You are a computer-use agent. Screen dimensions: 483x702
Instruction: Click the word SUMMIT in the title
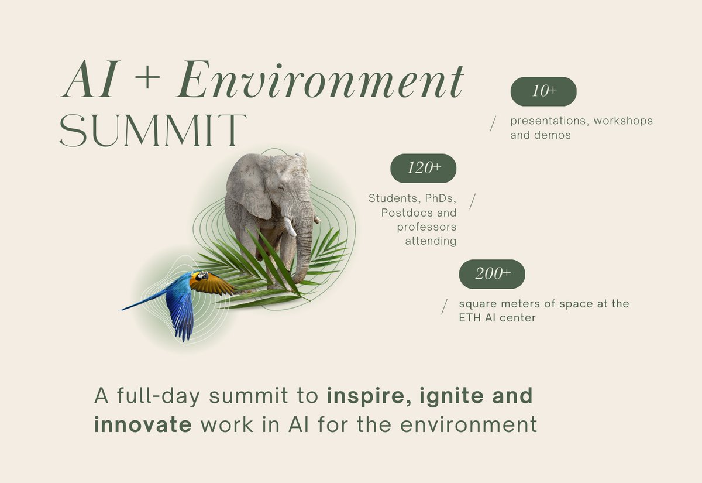153,130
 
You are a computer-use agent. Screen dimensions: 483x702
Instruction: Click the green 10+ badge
543,91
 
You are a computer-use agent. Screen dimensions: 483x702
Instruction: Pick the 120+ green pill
424,168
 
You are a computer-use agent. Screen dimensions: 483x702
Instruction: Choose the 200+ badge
492,274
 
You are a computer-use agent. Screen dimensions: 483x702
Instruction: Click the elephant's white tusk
289,226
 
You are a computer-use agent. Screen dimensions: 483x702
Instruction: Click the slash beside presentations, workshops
493,123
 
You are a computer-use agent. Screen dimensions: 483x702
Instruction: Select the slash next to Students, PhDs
473,200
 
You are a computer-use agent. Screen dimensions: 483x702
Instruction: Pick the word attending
431,241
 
